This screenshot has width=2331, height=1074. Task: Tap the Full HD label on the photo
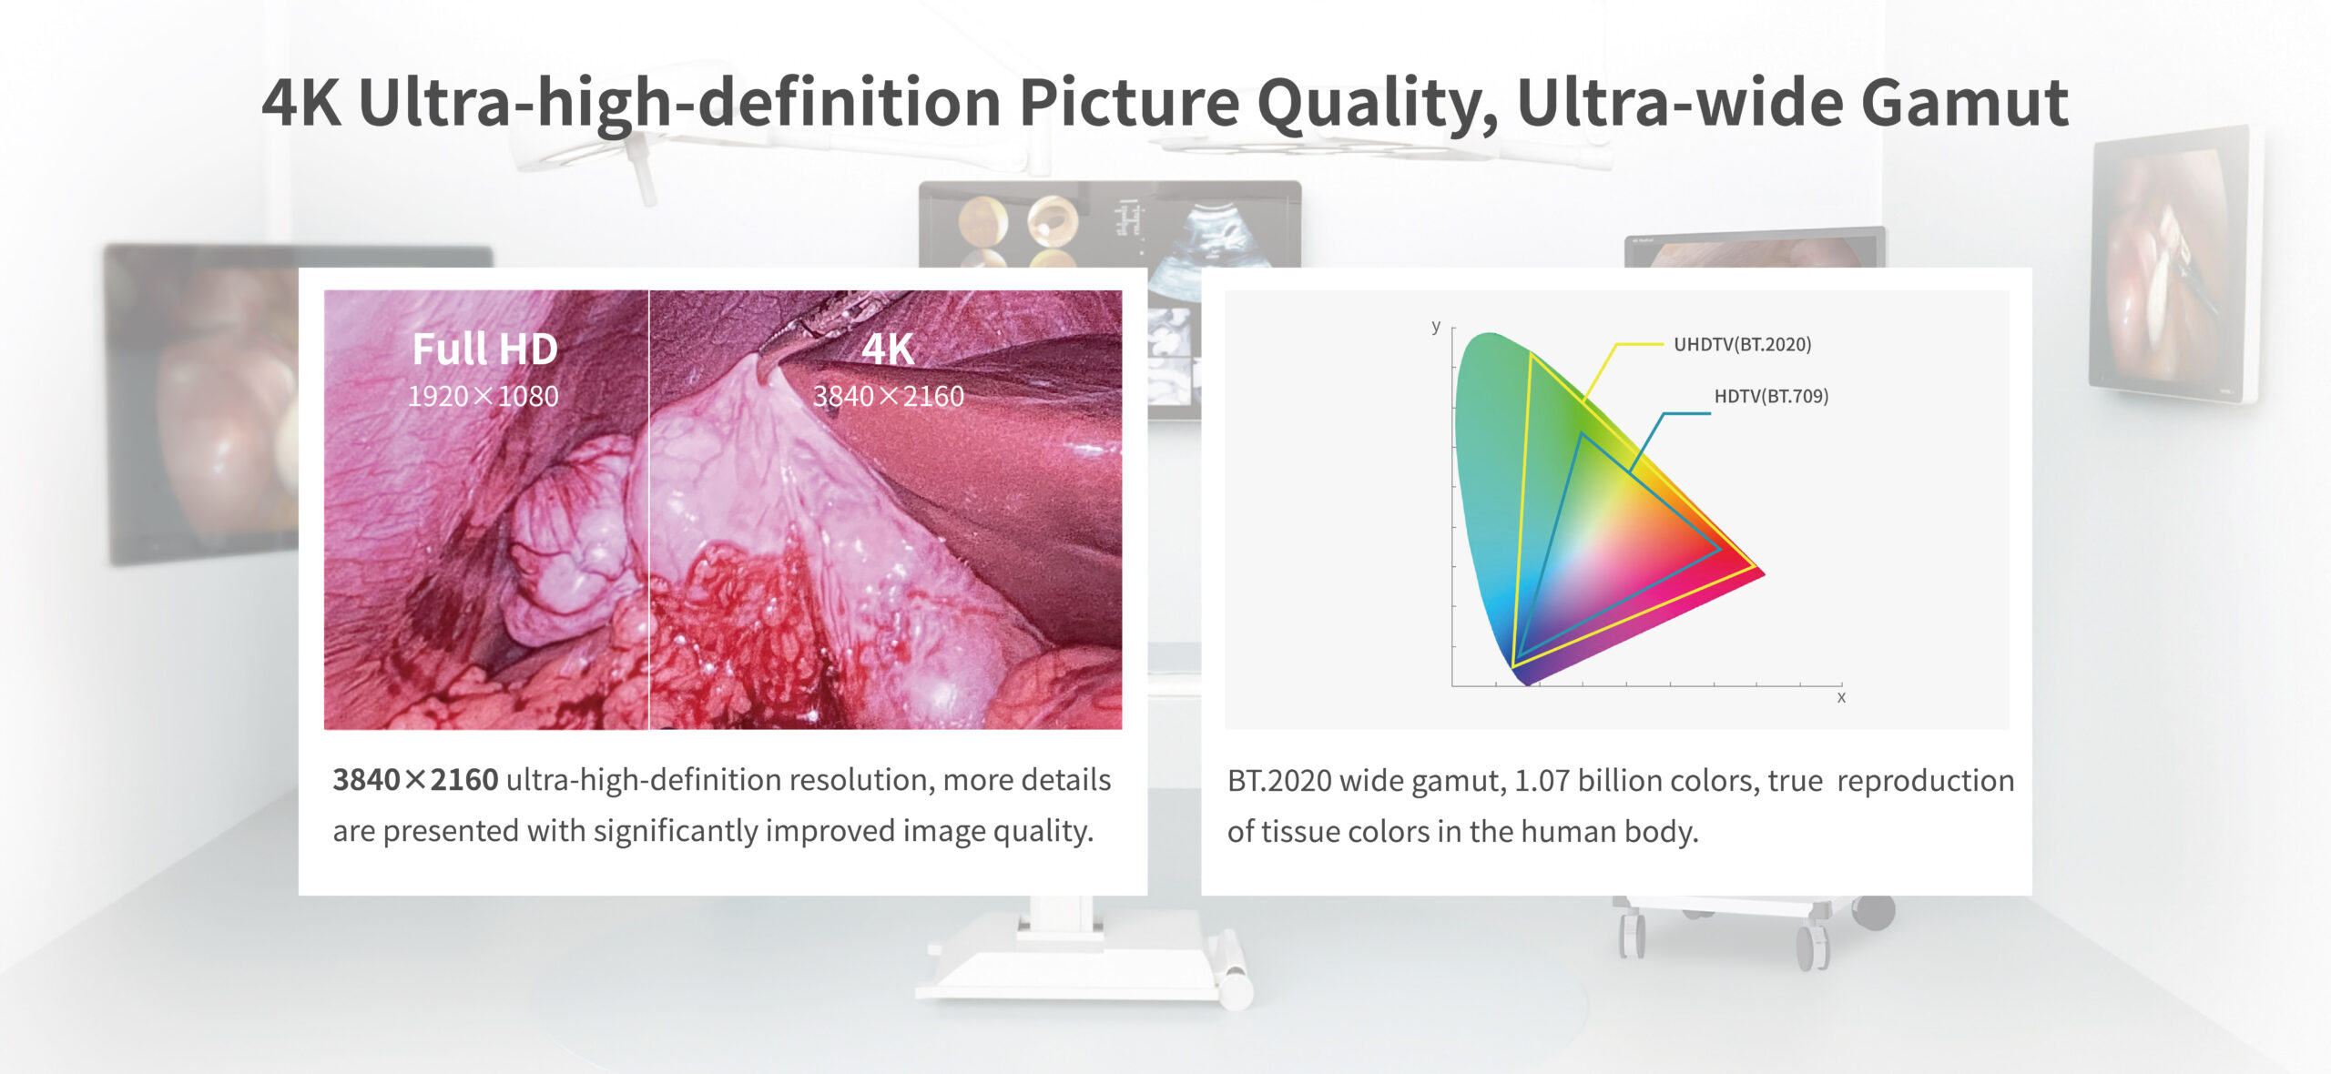[x=484, y=349]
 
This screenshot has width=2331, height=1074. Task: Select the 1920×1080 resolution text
[x=483, y=396]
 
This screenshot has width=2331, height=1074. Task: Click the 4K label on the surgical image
[x=888, y=349]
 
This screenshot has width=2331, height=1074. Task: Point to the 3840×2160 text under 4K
[x=888, y=396]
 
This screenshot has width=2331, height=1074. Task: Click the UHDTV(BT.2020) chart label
[x=1742, y=344]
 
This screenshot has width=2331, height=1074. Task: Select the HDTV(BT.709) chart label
[x=1771, y=396]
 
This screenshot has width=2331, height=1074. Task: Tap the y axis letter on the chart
[x=1436, y=326]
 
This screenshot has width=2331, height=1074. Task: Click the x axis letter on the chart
[x=1841, y=697]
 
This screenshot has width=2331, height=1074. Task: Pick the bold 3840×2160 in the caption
[x=415, y=780]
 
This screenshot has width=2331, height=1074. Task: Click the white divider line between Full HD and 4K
[x=648, y=510]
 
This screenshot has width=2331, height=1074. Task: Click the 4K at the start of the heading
[x=301, y=102]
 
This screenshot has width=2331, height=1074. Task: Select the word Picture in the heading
[x=1129, y=102]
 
